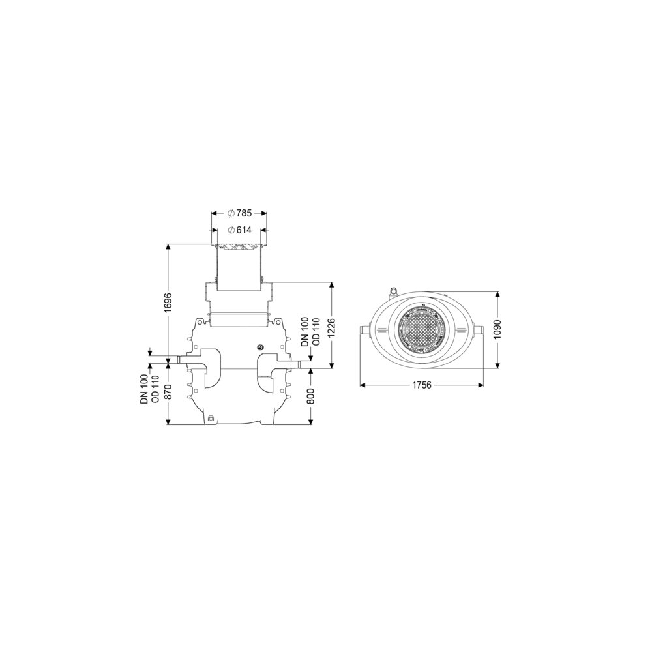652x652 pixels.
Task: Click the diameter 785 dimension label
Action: point(239,213)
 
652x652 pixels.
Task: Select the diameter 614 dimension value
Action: point(239,230)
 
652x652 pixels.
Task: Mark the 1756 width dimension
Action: point(422,385)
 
